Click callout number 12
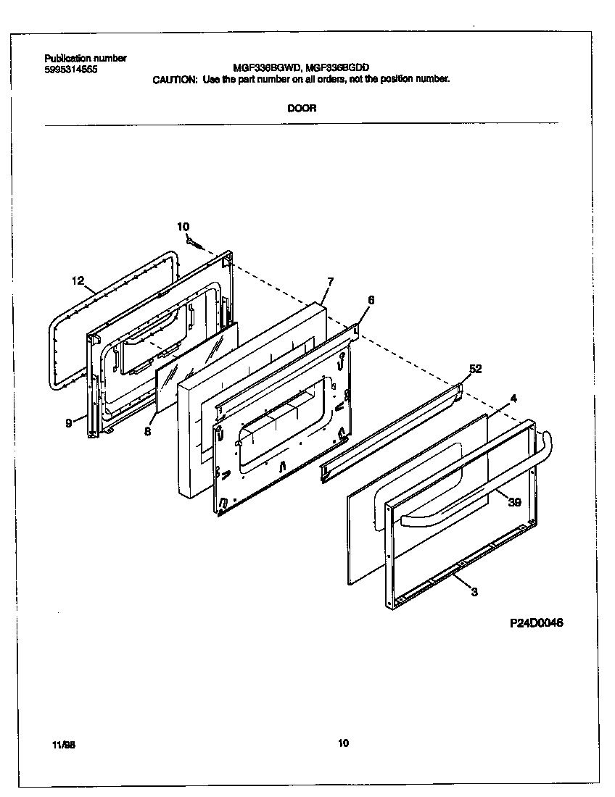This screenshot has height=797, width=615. pyautogui.click(x=78, y=280)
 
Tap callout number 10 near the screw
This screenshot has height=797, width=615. pyautogui.click(x=183, y=227)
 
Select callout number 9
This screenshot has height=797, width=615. pyautogui.click(x=69, y=424)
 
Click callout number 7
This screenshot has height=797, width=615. pyautogui.click(x=330, y=280)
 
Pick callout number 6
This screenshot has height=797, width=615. pyautogui.click(x=371, y=299)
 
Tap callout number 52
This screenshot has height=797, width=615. pyautogui.click(x=475, y=370)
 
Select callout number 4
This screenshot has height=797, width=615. pyautogui.click(x=513, y=398)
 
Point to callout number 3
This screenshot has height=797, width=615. pyautogui.click(x=474, y=592)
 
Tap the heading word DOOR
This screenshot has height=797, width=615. pyautogui.click(x=301, y=109)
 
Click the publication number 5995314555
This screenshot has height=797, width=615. pyautogui.click(x=70, y=70)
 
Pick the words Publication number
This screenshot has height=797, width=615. pyautogui.click(x=86, y=59)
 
